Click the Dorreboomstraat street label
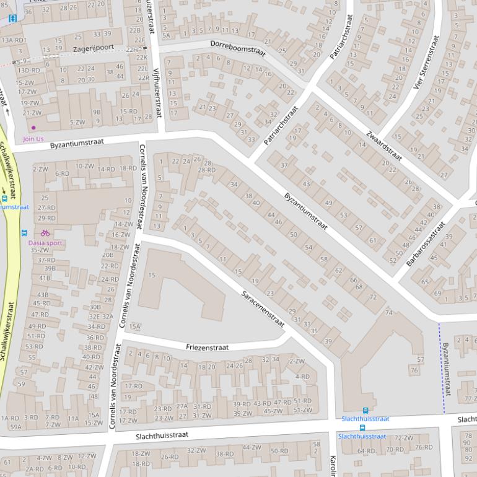[238, 48]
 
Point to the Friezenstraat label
[207, 348]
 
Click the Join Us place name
[33, 139]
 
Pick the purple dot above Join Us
[33, 128]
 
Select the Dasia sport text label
[45, 243]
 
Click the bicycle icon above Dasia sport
[45, 233]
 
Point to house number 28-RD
[207, 170]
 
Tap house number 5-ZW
[77, 122]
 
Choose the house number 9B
[97, 112]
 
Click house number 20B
[108, 255]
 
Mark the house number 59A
[15, 426]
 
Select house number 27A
[182, 406]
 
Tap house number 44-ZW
[252, 447]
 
